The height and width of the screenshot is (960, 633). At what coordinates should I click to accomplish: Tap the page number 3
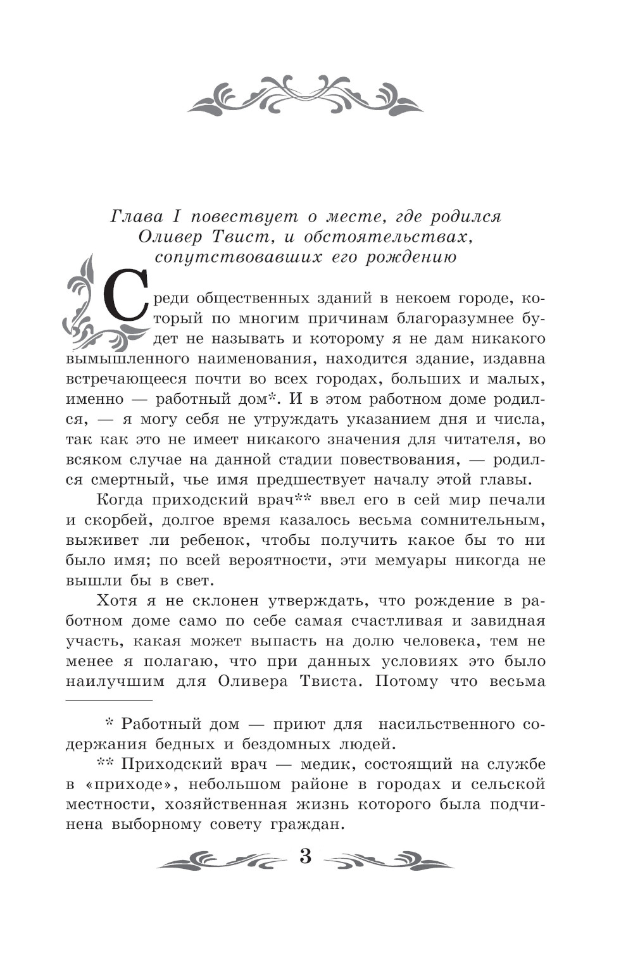point(306,858)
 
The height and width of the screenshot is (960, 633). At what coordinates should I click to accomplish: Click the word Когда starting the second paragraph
point(123,500)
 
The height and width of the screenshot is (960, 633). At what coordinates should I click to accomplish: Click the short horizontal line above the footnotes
point(109,701)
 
